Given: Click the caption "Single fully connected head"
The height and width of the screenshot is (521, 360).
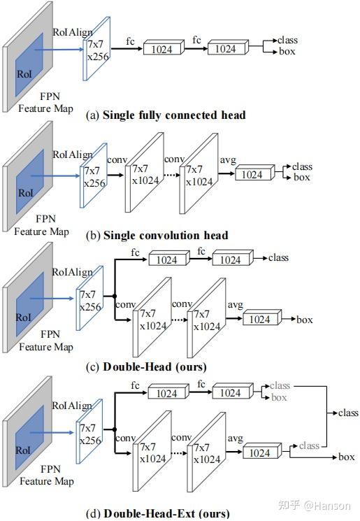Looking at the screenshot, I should [x=173, y=115].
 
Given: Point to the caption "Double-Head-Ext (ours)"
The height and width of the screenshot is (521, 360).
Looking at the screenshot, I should [x=166, y=513].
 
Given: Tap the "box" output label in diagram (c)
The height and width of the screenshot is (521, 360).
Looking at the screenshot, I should [x=305, y=320].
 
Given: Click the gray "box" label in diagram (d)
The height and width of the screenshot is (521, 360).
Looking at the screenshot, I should [x=279, y=397].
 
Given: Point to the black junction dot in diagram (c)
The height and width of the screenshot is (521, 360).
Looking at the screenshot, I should [x=114, y=296].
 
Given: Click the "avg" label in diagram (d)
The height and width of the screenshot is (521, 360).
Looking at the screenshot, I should [x=235, y=438].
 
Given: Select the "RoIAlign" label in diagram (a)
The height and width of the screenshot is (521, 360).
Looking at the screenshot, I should [x=73, y=31].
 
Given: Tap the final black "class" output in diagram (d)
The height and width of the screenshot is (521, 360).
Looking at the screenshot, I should [x=347, y=413].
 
